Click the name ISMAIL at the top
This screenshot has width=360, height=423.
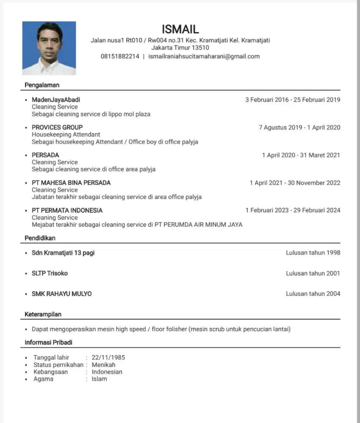180,29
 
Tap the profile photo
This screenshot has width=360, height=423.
49,48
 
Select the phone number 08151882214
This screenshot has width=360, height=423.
120,56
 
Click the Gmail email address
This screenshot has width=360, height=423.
204,56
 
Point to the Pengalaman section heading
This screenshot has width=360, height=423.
42,85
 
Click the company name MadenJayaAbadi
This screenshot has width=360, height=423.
56,100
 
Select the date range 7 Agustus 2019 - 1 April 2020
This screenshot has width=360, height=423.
299,127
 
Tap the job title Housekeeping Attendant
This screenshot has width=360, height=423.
66,135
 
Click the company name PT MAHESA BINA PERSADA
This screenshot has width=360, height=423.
71,183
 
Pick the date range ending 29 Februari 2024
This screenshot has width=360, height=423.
293,210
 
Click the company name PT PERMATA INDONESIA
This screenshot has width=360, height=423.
67,210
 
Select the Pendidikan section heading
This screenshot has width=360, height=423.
40,238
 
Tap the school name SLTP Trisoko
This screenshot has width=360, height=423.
49,273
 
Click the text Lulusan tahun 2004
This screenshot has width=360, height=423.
313,294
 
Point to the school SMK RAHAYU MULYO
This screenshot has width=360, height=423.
61,294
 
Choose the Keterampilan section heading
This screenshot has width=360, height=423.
43,314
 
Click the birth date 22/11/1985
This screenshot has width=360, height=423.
108,357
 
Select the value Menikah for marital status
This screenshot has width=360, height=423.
104,365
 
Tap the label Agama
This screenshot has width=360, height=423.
44,379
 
